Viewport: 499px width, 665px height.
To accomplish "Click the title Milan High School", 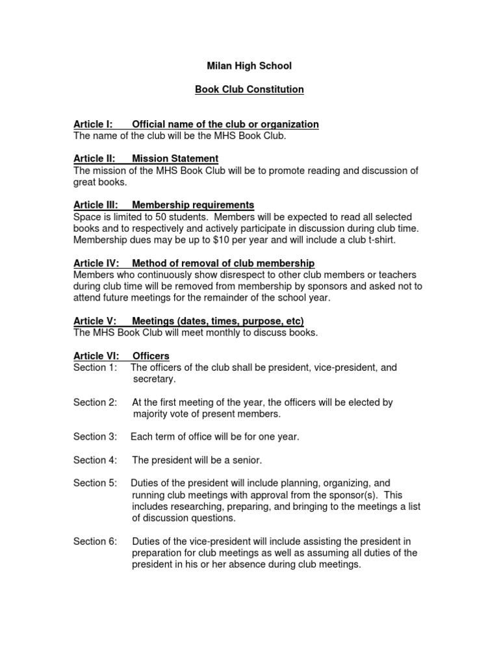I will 249,66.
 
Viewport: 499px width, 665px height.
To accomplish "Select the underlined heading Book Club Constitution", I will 249,89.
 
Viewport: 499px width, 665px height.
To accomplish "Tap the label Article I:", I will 93,124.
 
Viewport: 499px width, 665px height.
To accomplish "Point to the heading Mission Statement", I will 175,158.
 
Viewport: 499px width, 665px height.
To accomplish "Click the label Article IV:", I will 96,263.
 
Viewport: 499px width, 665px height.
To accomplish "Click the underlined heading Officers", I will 151,356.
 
